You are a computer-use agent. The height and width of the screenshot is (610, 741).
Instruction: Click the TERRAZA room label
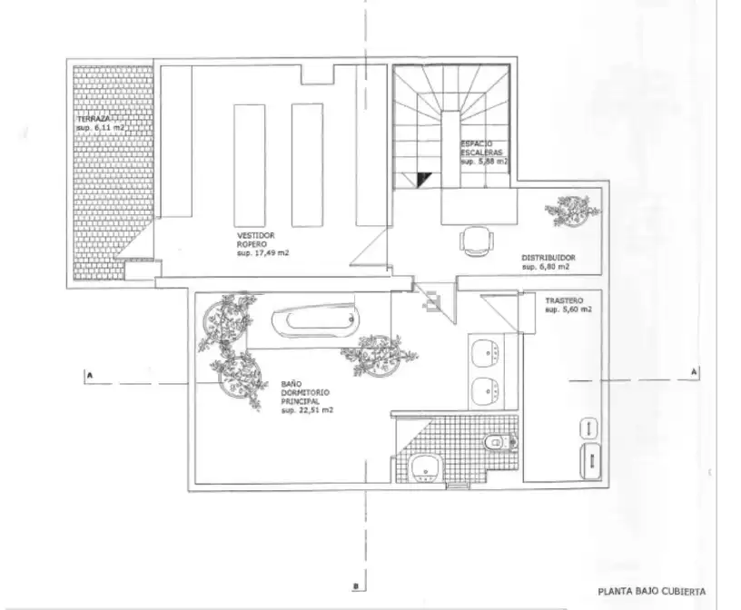pos(94,119)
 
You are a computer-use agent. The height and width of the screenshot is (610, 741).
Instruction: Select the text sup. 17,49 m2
pos(262,253)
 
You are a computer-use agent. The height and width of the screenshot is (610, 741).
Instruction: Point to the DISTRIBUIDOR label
pos(548,258)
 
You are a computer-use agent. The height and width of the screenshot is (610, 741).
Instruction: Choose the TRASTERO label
pos(564,300)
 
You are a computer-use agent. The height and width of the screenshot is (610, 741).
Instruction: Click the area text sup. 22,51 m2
pos(307,410)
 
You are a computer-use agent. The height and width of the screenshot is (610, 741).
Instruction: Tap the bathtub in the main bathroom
pos(315,320)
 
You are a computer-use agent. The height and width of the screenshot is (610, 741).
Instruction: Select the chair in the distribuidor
pos(478,241)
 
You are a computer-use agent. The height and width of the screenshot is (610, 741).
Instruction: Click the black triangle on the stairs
pos(423,179)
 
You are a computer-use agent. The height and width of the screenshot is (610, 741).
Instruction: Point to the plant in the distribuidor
pos(572,211)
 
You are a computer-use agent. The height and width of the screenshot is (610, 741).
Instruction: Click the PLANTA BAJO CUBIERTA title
pos(652,592)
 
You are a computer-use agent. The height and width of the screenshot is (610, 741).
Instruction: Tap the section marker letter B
pos(356,586)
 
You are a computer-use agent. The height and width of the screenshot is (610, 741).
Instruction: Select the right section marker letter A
pos(694,372)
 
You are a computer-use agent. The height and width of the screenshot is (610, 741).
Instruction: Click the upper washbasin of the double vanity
pos(486,351)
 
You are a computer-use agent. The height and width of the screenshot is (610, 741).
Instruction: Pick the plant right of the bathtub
pos(379,355)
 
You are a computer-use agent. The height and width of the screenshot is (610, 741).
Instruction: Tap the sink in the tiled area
pos(426,468)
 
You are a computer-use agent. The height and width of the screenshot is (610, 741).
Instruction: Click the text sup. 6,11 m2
pos(101,128)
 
